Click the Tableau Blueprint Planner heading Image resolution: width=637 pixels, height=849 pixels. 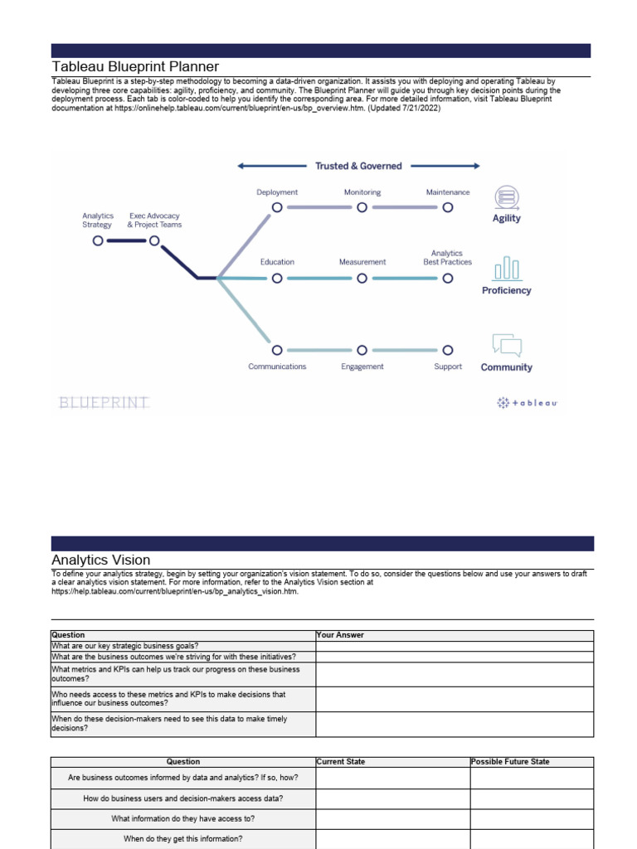pyautogui.click(x=135, y=66)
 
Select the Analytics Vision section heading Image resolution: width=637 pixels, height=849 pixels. pyautogui.click(x=100, y=560)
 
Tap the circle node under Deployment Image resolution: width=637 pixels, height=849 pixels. pyautogui.click(x=277, y=207)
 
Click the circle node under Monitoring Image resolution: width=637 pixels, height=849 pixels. pyautogui.click(x=362, y=207)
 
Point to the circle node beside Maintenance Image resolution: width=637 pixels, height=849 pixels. pyautogui.click(x=448, y=207)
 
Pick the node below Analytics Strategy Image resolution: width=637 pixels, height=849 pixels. pyautogui.click(x=98, y=240)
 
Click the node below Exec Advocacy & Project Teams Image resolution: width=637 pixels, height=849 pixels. pyautogui.click(x=154, y=240)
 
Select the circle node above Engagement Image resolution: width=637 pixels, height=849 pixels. pyautogui.click(x=362, y=350)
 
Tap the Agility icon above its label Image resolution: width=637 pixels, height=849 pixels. pyautogui.click(x=506, y=197)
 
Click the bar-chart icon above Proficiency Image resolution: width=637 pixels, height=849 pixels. pyautogui.click(x=506, y=269)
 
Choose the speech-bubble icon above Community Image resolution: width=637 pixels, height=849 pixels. pyautogui.click(x=506, y=345)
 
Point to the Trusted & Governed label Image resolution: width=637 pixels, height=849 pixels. pyautogui.click(x=358, y=166)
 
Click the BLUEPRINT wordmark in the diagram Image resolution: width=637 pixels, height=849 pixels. pyautogui.click(x=105, y=403)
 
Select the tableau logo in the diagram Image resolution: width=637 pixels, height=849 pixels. pyautogui.click(x=528, y=403)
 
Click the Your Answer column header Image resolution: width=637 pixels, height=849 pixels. pyautogui.click(x=340, y=635)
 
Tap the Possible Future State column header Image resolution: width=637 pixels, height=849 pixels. pyautogui.click(x=509, y=761)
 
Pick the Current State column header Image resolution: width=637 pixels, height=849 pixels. pyautogui.click(x=341, y=761)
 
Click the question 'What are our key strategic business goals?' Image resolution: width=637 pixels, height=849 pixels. pyautogui.click(x=125, y=646)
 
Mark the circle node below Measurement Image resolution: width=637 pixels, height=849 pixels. pyautogui.click(x=362, y=279)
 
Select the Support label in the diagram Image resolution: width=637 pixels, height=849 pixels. pyautogui.click(x=448, y=366)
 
